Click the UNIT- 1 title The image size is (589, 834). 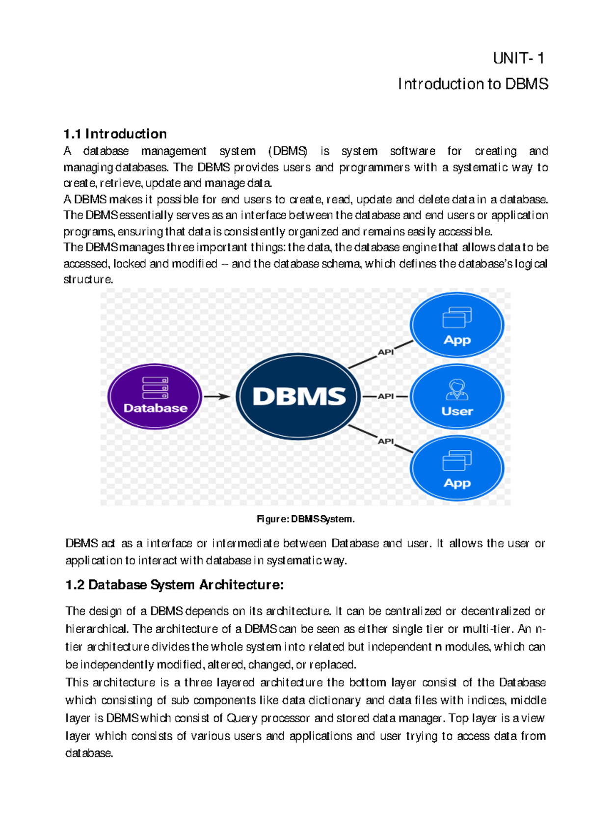(x=518, y=59)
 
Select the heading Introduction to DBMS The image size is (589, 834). (x=473, y=84)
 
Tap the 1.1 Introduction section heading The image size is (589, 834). (x=115, y=134)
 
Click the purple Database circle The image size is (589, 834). (x=155, y=396)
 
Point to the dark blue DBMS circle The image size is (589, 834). (x=299, y=396)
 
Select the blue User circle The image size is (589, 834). (x=457, y=396)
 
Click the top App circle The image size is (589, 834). (x=457, y=325)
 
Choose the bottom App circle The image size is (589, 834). (x=457, y=468)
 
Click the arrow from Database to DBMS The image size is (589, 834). (x=217, y=396)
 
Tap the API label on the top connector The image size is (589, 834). (x=386, y=352)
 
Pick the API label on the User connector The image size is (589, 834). (x=386, y=396)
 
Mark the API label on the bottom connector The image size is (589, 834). (x=386, y=441)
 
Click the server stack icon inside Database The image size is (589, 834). (x=155, y=388)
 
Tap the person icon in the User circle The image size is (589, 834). (x=457, y=389)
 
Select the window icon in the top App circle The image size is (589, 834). (x=457, y=317)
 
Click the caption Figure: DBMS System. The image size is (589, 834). (x=305, y=519)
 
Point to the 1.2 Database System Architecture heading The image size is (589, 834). (x=175, y=585)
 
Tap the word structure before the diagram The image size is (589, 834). (x=88, y=279)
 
